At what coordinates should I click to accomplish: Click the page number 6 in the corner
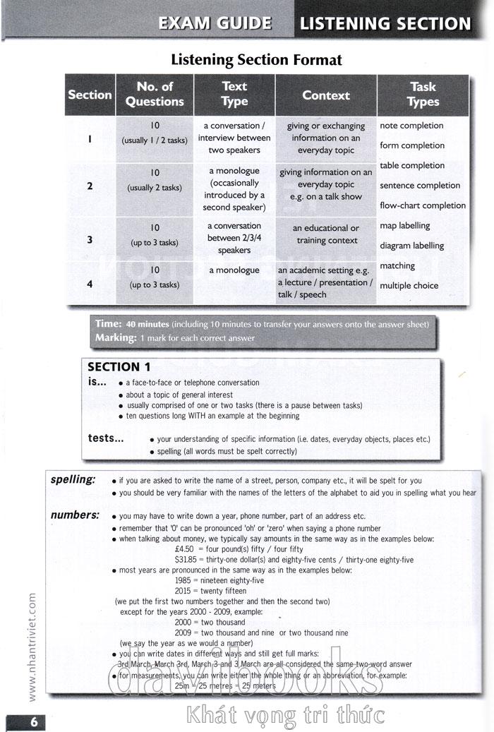[x=32, y=722]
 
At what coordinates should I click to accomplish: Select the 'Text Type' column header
[x=234, y=94]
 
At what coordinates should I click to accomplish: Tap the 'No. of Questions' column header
[x=155, y=94]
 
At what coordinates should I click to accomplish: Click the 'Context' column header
[x=326, y=95]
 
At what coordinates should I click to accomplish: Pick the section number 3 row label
[x=90, y=240]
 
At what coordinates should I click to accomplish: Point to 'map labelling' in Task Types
[x=405, y=226]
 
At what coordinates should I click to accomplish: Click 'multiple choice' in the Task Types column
[x=409, y=286]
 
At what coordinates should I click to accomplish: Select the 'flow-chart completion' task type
[x=423, y=205]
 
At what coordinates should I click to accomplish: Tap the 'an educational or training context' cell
[x=326, y=234]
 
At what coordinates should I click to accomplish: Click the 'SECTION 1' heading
[x=119, y=367]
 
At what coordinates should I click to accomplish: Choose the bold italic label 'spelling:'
[x=73, y=480]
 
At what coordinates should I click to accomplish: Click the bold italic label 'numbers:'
[x=75, y=515]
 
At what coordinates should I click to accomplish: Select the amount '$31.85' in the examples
[x=188, y=560]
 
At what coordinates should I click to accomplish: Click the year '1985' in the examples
[x=184, y=580]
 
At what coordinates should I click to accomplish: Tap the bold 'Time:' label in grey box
[x=109, y=324]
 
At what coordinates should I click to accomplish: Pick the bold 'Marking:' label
[x=116, y=338]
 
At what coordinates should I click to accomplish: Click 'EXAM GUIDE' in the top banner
[x=215, y=23]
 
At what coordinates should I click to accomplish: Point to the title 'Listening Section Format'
[x=257, y=60]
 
